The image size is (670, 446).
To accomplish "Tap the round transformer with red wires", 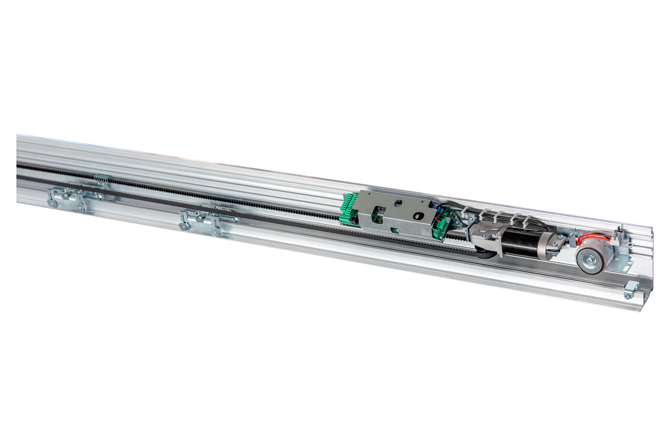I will [x=594, y=256].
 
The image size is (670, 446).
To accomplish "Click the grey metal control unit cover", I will [x=398, y=212].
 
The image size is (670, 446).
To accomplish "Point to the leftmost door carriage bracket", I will [x=68, y=198].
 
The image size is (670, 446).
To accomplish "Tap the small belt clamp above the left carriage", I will [x=102, y=181].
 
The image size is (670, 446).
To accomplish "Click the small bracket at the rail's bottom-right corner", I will [x=631, y=289].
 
